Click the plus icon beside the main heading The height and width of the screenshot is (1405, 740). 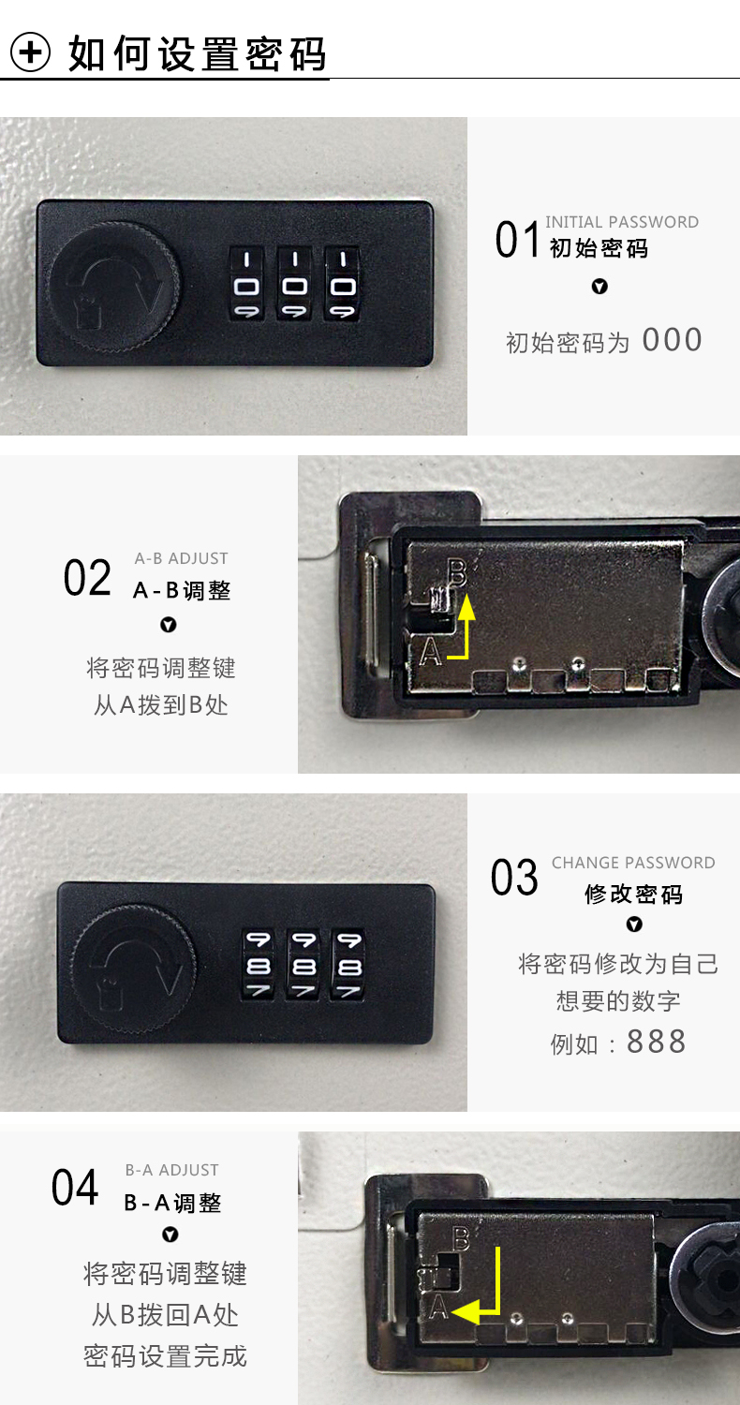point(30,52)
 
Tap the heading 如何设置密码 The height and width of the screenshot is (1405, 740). point(198,53)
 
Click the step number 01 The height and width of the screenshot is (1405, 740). point(517,240)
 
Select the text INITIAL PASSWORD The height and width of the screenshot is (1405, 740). point(621,222)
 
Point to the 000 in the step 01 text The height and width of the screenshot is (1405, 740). point(672,340)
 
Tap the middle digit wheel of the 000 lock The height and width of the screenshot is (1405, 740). point(294,284)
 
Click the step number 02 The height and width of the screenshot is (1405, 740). point(87,578)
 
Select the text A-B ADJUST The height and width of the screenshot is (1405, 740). point(181,558)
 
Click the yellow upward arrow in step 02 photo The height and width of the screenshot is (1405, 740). point(465,633)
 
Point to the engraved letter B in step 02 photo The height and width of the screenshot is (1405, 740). point(458,572)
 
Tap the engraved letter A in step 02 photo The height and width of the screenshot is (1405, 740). point(430,652)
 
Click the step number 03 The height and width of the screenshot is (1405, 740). point(514,877)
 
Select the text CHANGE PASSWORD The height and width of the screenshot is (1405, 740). point(633,863)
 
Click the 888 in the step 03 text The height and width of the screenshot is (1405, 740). point(656,1043)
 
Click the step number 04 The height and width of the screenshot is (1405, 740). point(75,1188)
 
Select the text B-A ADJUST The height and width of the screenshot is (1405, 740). point(171,1170)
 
